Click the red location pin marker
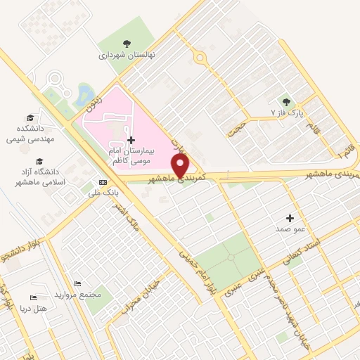pyautogui.click(x=181, y=166)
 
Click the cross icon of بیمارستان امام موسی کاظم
pyautogui.click(x=131, y=140)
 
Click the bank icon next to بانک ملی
pyautogui.click(x=103, y=183)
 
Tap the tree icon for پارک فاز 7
pyautogui.click(x=285, y=101)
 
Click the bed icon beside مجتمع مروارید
pyautogui.click(x=77, y=283)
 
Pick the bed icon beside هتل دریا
pyautogui.click(x=34, y=298)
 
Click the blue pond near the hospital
pyautogui.click(x=86, y=93)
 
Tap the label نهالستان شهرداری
pyautogui.click(x=127, y=54)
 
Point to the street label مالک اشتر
pyautogui.click(x=132, y=219)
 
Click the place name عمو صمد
pyautogui.click(x=289, y=229)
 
